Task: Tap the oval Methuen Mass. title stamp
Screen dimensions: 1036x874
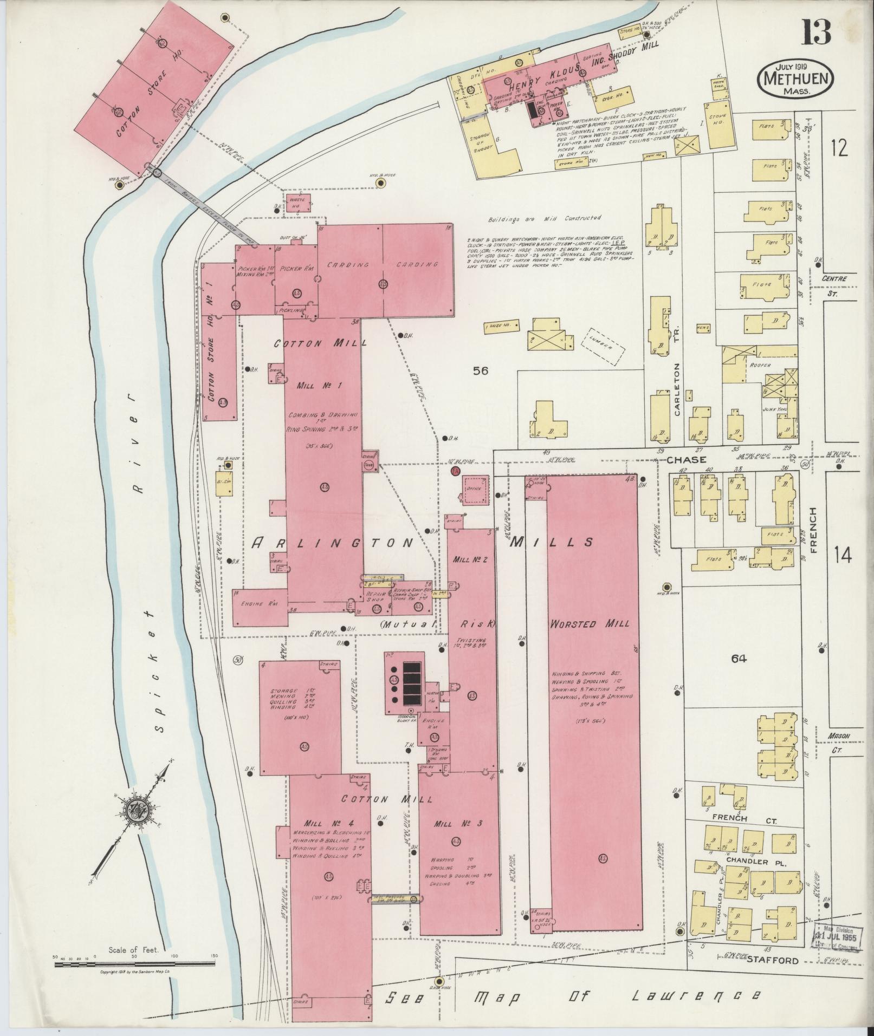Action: (x=795, y=79)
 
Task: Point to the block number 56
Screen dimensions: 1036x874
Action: (x=480, y=370)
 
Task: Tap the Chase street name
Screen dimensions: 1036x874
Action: (x=686, y=460)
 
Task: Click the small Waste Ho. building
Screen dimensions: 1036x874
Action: (x=299, y=203)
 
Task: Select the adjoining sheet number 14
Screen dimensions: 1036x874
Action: (x=843, y=555)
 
